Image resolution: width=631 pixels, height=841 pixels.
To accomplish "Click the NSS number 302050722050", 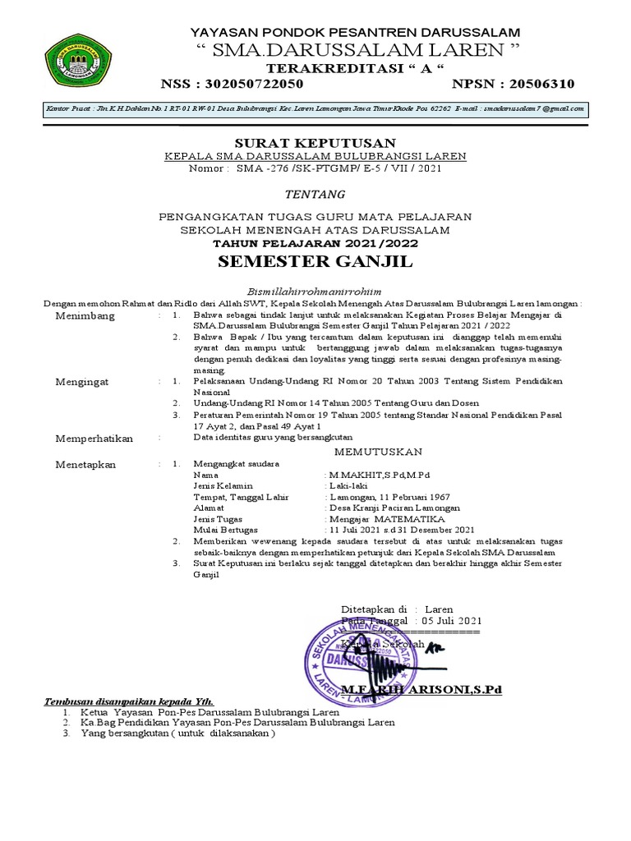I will [x=256, y=84].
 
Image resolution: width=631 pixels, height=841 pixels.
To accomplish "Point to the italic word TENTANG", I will [x=315, y=194].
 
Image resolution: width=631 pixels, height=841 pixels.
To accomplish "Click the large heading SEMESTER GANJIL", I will [x=315, y=263].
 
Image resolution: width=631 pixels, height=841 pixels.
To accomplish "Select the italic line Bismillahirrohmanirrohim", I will [x=315, y=291].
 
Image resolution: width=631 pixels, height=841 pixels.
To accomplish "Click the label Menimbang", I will [x=85, y=316].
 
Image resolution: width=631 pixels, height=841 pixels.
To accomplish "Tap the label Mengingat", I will [x=84, y=382].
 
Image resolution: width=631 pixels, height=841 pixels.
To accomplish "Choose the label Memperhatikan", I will [x=94, y=439].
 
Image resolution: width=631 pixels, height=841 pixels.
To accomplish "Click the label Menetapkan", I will [x=85, y=464].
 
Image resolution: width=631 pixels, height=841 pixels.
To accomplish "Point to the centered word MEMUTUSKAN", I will [x=377, y=452].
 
